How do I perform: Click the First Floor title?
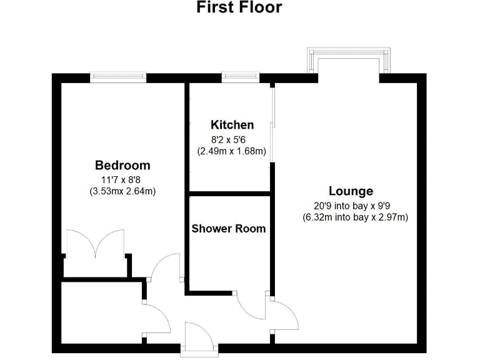point(239,8)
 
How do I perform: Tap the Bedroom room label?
point(122,166)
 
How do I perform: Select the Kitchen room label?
point(232,125)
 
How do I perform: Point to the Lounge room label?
point(351,191)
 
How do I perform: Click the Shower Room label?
point(228,229)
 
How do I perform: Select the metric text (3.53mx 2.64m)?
point(122,191)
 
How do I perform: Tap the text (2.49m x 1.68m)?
point(232,151)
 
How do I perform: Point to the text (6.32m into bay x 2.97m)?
point(354,217)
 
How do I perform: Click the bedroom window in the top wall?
point(119,77)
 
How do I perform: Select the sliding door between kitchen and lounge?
point(272,125)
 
